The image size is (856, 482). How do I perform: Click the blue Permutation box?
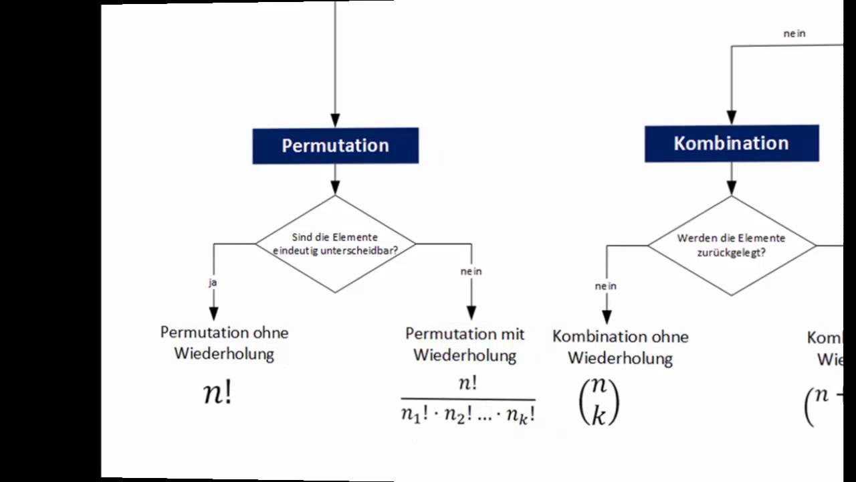(335, 145)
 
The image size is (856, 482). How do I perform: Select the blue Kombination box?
(731, 143)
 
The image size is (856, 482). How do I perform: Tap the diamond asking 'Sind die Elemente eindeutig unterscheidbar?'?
(335, 244)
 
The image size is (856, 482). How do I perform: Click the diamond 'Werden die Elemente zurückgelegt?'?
(731, 245)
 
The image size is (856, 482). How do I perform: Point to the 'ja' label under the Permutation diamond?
(213, 283)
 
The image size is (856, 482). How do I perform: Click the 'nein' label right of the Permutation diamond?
(471, 271)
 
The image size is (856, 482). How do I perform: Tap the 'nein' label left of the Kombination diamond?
(605, 286)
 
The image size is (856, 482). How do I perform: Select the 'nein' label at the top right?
(794, 33)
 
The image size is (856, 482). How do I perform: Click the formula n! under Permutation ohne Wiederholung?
(217, 393)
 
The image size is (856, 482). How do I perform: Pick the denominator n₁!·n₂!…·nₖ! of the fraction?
(468, 415)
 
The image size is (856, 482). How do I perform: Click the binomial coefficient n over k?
(599, 401)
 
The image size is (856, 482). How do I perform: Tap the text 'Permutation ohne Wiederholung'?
(224, 343)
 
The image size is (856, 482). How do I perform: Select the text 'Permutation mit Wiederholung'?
(465, 344)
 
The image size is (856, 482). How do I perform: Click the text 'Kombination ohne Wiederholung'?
(620, 347)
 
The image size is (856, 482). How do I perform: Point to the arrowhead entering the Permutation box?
(335, 121)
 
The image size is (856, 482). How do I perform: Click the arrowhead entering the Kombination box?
(731, 118)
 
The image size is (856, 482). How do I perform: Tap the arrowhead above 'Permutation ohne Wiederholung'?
(213, 313)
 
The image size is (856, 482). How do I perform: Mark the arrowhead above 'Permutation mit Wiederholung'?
(471, 313)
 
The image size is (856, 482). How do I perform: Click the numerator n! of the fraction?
(467, 384)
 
